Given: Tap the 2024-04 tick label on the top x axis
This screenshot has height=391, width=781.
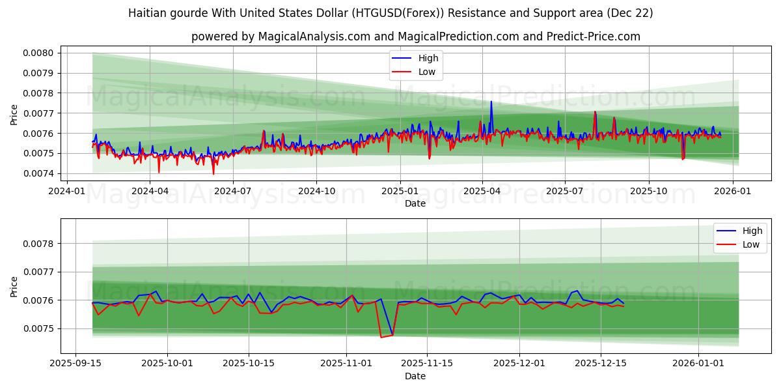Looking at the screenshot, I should pyautogui.click(x=150, y=192).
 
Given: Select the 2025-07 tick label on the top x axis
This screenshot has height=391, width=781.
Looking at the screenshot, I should pyautogui.click(x=564, y=192).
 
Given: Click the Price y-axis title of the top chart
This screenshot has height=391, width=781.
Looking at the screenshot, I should pyautogui.click(x=14, y=113).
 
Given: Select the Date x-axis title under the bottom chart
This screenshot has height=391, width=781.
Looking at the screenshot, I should pyautogui.click(x=415, y=376).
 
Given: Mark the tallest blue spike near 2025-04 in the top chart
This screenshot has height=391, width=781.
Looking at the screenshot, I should pyautogui.click(x=491, y=102).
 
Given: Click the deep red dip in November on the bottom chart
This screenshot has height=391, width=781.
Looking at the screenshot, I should pyautogui.click(x=381, y=336).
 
